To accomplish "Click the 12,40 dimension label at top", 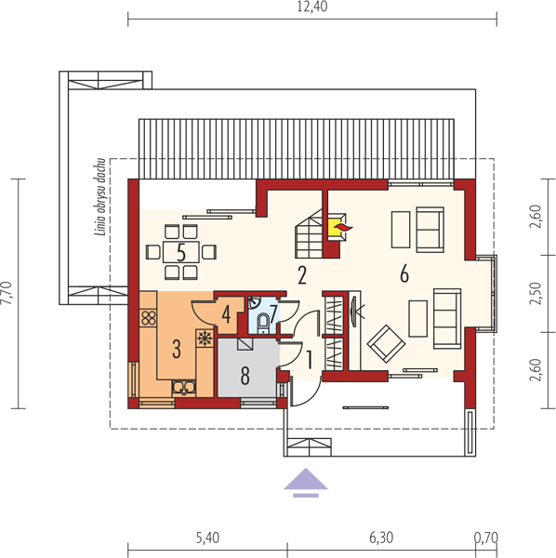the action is [312, 7].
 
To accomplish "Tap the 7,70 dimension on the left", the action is [7, 293].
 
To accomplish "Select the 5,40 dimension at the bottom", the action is [207, 538].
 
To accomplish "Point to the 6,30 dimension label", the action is [381, 538].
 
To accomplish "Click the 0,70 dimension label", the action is [486, 538].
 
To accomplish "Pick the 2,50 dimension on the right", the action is [536, 294].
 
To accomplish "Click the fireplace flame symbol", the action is [344, 228].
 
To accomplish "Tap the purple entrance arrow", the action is [306, 483].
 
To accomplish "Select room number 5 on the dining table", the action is [181, 253].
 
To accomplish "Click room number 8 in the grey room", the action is [245, 376].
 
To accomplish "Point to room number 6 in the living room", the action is [404, 274].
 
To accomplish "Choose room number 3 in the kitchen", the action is [177, 349].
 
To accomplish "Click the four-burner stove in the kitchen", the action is [149, 318].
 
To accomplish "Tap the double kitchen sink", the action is [184, 388].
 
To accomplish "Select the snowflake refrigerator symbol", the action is [205, 339].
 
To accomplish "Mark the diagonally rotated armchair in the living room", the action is [386, 343].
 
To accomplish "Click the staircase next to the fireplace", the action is [309, 233].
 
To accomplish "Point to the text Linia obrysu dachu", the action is [100, 197].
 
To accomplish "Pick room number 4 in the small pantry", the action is [226, 315].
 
